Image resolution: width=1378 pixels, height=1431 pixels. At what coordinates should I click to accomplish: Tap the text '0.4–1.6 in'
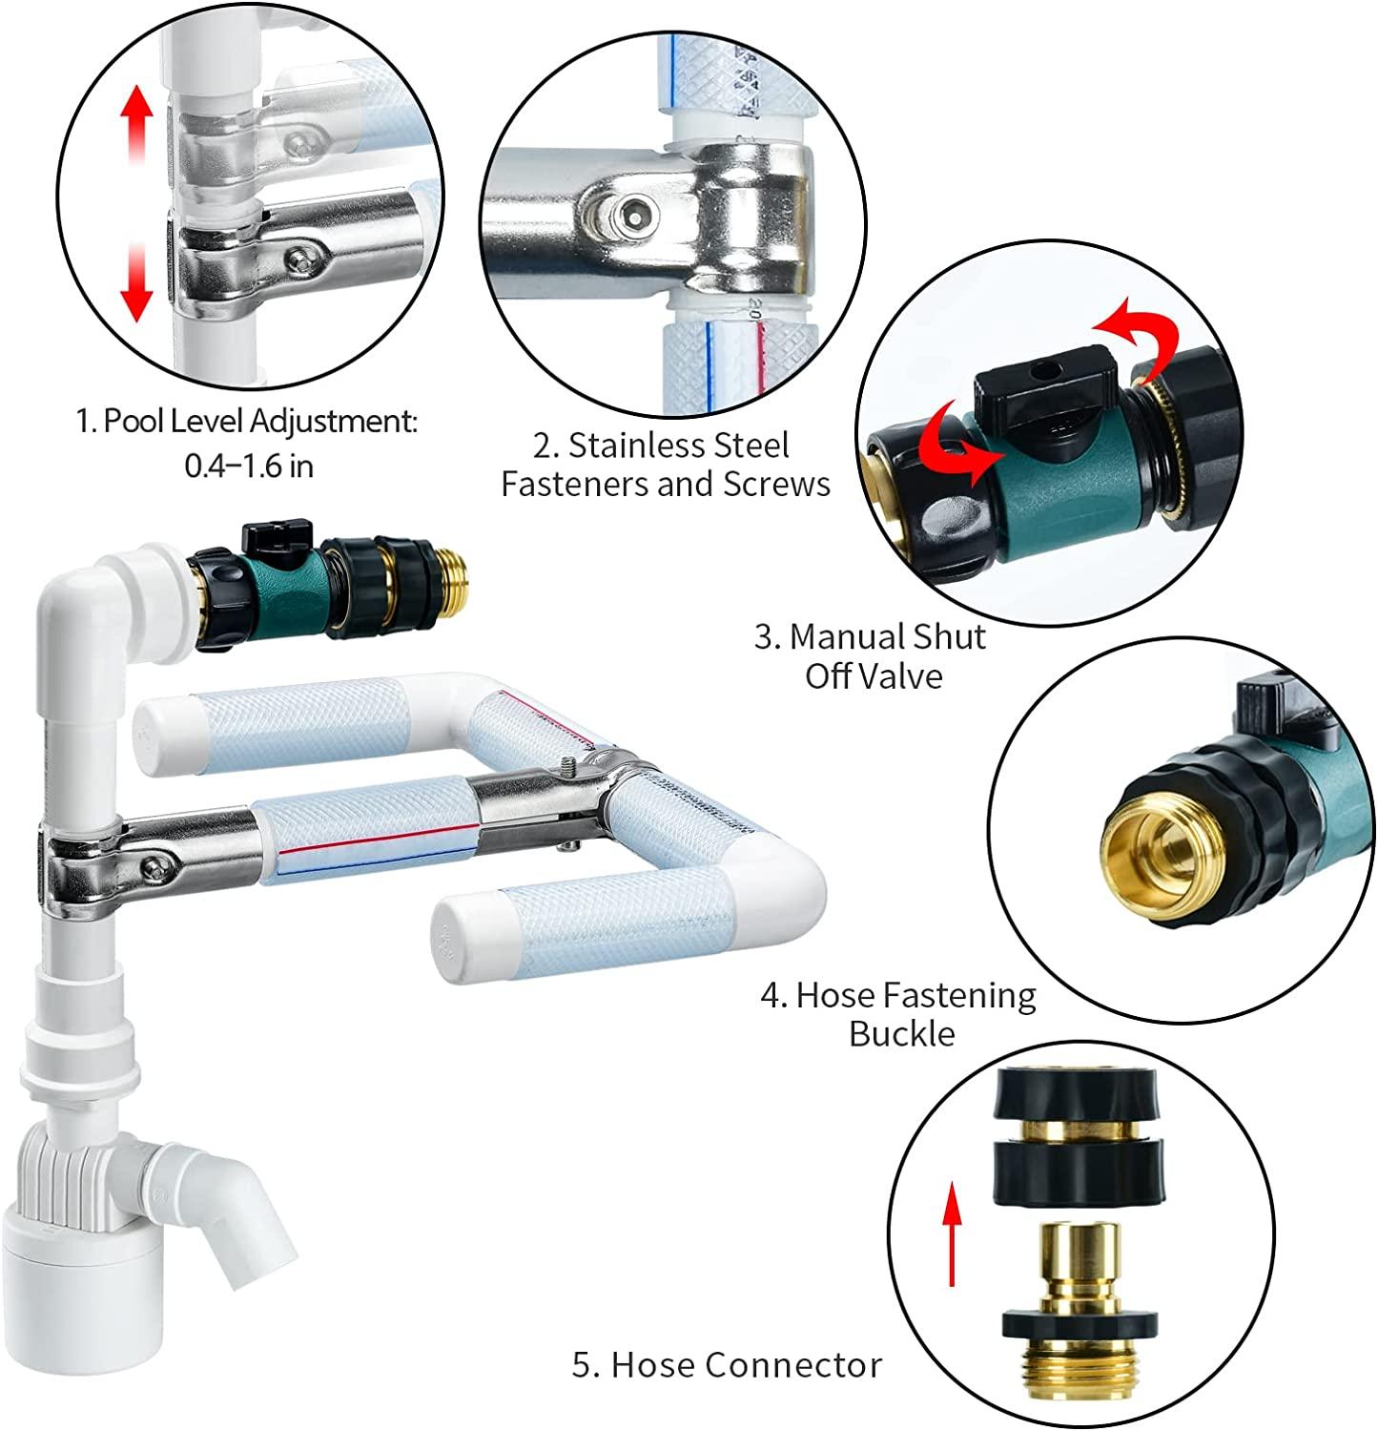pos(248,466)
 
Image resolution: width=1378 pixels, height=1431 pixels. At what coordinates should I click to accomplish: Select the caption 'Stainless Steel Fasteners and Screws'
pos(666,465)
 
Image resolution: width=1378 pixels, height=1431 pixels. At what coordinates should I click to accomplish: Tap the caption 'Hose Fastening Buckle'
pos(898,1014)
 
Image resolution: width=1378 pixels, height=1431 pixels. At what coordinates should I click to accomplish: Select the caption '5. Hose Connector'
pos(727,1364)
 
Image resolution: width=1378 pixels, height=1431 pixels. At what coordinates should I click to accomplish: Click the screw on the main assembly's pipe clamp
pos(153,866)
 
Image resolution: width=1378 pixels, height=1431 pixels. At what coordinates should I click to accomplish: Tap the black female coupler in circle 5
pos(1078,1135)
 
